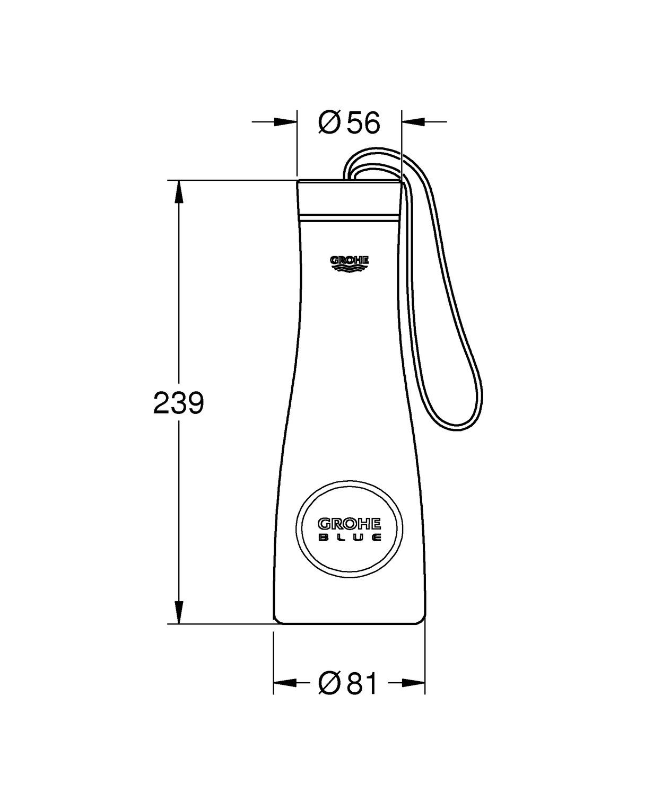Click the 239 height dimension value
(x=178, y=403)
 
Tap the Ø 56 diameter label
(x=349, y=123)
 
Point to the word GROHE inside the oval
(x=349, y=524)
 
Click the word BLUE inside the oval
(x=349, y=538)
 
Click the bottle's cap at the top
(x=349, y=199)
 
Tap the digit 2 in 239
(x=161, y=403)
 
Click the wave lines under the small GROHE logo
(x=349, y=269)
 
